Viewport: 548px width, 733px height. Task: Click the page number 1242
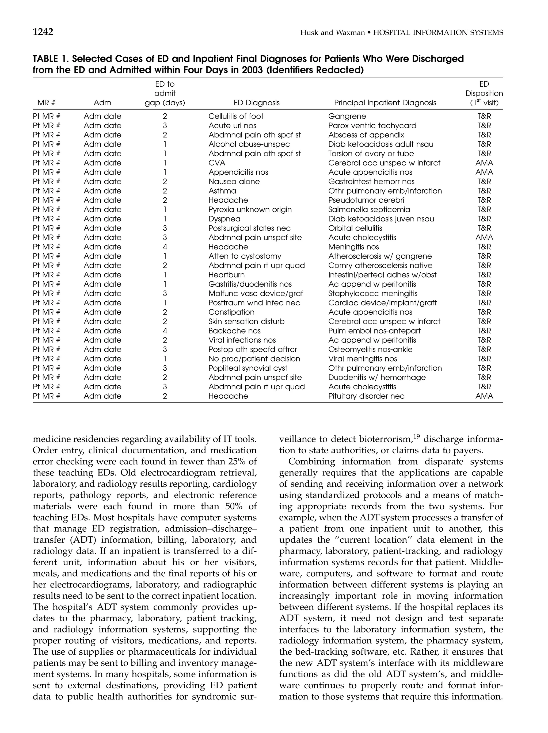click(x=43, y=32)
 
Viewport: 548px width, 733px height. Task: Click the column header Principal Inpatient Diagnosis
click(x=385, y=103)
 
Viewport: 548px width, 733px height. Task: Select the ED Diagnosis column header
click(x=256, y=103)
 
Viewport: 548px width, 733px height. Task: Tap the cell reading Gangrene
click(x=347, y=116)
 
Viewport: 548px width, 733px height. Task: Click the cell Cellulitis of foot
click(x=236, y=116)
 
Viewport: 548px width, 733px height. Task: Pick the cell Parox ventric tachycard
click(x=372, y=126)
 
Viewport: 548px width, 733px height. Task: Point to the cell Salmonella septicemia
click(x=369, y=209)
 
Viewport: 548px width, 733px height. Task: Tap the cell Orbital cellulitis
click(x=355, y=228)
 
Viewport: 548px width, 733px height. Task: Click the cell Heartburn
click(x=226, y=275)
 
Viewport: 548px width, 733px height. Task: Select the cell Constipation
click(x=231, y=312)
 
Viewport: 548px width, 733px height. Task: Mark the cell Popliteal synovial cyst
click(x=248, y=368)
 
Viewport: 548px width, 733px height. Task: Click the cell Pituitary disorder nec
click(x=366, y=396)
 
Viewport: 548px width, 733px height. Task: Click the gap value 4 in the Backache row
click(x=165, y=331)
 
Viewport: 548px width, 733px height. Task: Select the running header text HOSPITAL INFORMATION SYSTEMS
click(x=437, y=32)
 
